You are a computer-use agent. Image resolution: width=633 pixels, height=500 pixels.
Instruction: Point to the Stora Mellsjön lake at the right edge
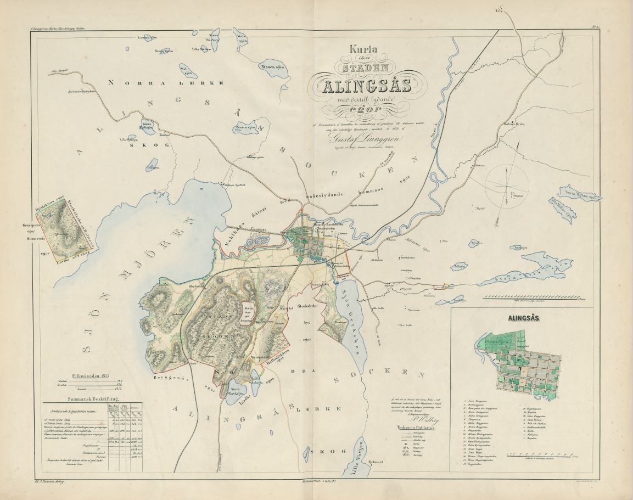576,193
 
